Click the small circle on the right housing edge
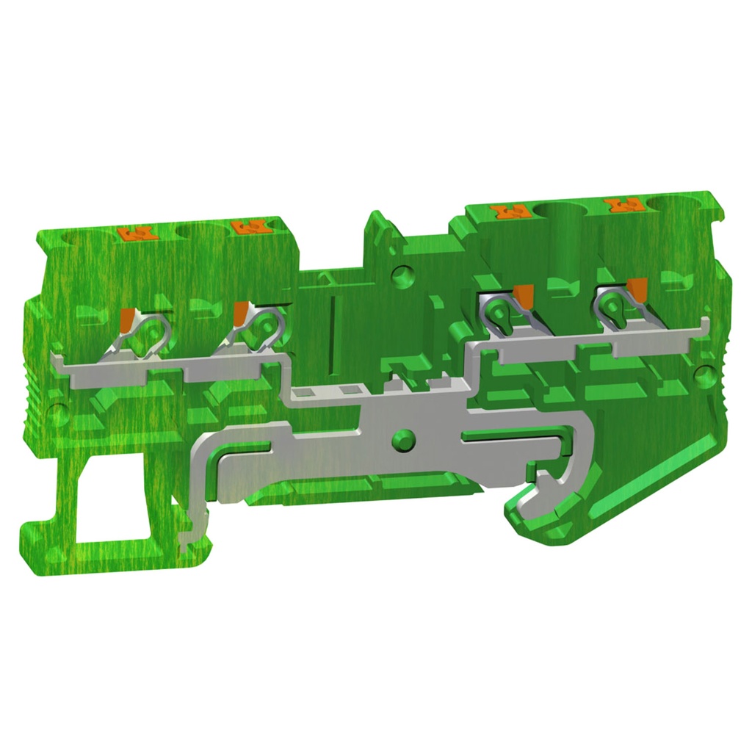(x=708, y=376)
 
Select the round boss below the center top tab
(x=401, y=277)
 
